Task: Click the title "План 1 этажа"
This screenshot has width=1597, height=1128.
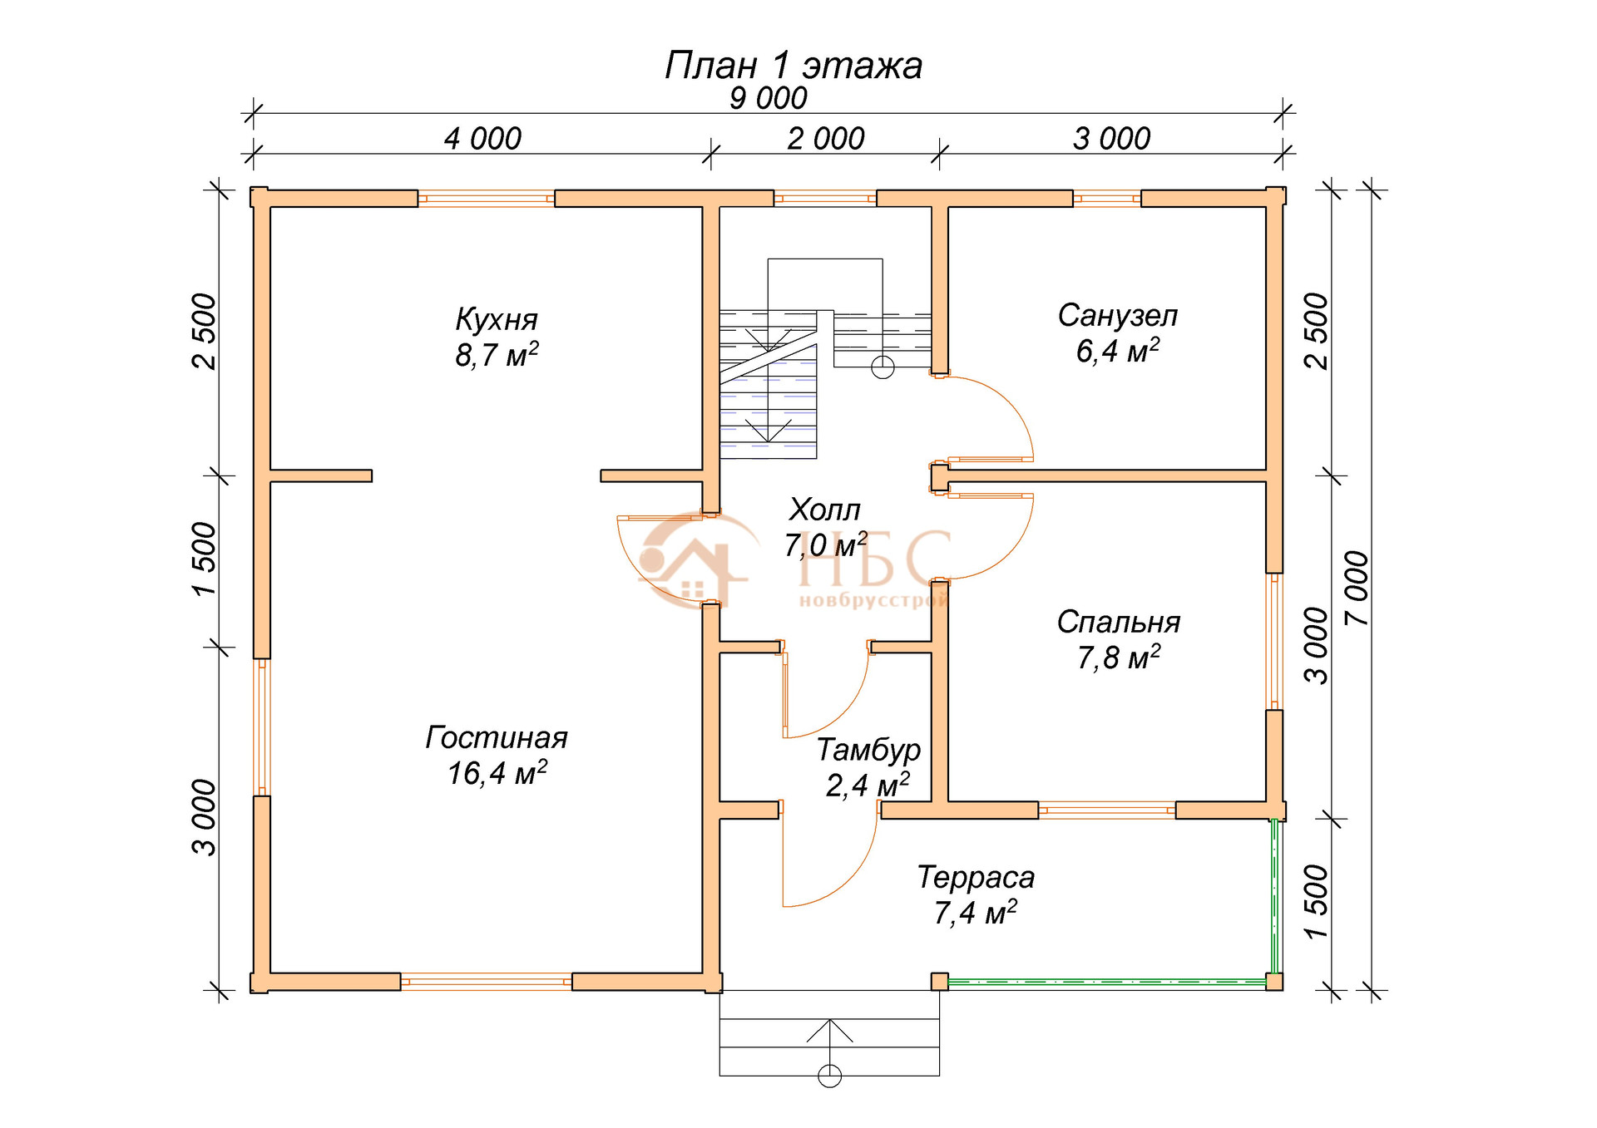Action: tap(794, 66)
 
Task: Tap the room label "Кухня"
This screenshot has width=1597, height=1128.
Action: tap(497, 319)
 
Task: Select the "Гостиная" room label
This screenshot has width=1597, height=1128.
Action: tap(497, 737)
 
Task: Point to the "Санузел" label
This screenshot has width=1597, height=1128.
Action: tap(1118, 316)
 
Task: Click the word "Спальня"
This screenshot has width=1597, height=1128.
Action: tap(1119, 622)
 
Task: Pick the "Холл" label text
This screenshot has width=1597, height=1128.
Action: tap(824, 509)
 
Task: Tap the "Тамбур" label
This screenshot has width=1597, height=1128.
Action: tap(868, 750)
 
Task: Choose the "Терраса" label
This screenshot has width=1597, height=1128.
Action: tap(976, 877)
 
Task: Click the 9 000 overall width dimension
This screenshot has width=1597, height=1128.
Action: tap(768, 99)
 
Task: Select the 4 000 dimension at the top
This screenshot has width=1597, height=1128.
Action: tap(482, 139)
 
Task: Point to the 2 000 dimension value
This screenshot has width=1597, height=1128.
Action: tap(826, 139)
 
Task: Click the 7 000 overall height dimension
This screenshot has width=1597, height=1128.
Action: tap(1356, 588)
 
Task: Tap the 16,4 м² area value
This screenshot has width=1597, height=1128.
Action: tap(497, 773)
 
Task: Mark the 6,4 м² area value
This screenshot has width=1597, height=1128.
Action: tap(1118, 351)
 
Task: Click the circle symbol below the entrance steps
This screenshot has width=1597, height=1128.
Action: tap(829, 1076)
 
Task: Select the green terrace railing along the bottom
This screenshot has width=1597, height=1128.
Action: tap(1107, 982)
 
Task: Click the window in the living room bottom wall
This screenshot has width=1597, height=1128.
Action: tap(487, 982)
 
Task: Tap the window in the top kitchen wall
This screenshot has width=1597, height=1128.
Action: tap(487, 199)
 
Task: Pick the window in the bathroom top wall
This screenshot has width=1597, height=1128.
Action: tap(1107, 199)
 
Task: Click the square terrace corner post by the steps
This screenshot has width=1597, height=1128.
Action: tap(939, 982)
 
